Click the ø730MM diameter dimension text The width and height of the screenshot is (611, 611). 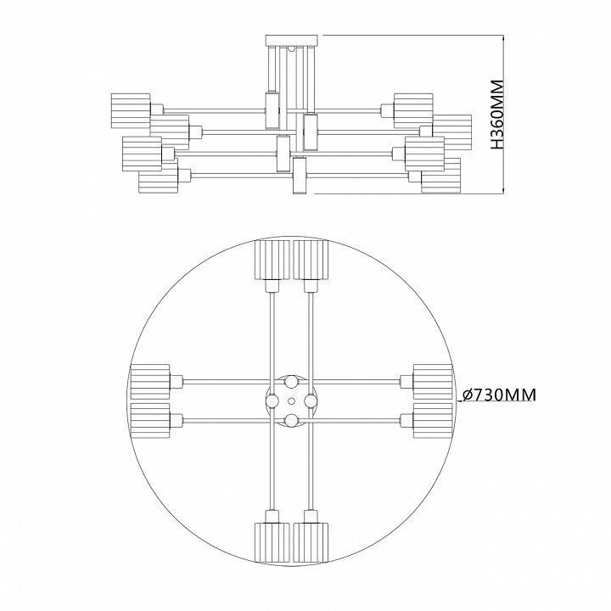(502, 395)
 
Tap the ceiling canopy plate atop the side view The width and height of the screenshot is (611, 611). (291, 39)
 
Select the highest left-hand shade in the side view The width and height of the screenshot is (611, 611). (130, 108)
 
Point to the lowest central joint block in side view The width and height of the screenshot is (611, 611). (298, 181)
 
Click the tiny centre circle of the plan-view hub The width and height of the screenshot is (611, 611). (291, 400)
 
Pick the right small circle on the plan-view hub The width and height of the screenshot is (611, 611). (311, 400)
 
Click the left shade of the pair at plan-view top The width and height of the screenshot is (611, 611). (272, 259)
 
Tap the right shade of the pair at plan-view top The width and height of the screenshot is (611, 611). (311, 259)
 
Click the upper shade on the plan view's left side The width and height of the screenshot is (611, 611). (150, 379)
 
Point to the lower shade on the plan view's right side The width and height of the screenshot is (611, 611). (432, 419)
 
